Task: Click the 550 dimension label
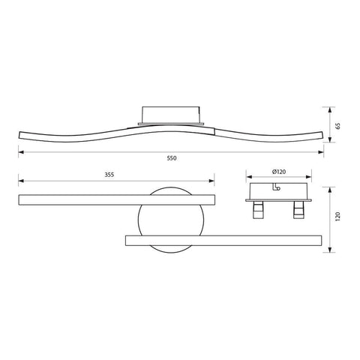click(172, 158)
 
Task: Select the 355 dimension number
click(109, 175)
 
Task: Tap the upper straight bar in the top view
click(116, 200)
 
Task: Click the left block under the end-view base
click(259, 211)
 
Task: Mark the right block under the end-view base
click(298, 211)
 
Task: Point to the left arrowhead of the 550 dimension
click(20, 153)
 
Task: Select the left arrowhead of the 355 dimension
click(20, 181)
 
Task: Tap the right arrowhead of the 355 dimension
click(214, 181)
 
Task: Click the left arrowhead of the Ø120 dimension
click(248, 178)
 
